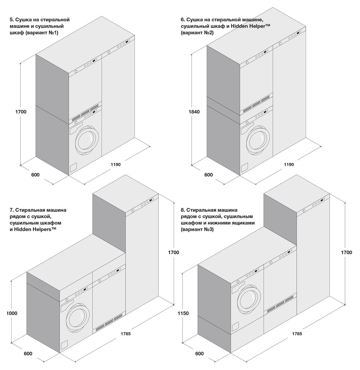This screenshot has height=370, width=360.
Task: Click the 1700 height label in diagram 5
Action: [x=21, y=112]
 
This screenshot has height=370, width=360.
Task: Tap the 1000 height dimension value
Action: [x=12, y=314]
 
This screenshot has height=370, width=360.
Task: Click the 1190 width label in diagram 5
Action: [x=115, y=164]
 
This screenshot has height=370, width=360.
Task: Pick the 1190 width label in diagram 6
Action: [x=289, y=164]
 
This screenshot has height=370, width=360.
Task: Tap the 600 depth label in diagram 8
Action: [x=199, y=354]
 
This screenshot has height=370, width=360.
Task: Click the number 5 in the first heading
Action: [x=12, y=19]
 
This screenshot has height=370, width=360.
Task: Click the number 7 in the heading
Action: [x=12, y=210]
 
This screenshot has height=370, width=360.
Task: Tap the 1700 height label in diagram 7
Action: [x=173, y=253]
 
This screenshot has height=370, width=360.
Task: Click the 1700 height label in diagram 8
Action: [x=346, y=253]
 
